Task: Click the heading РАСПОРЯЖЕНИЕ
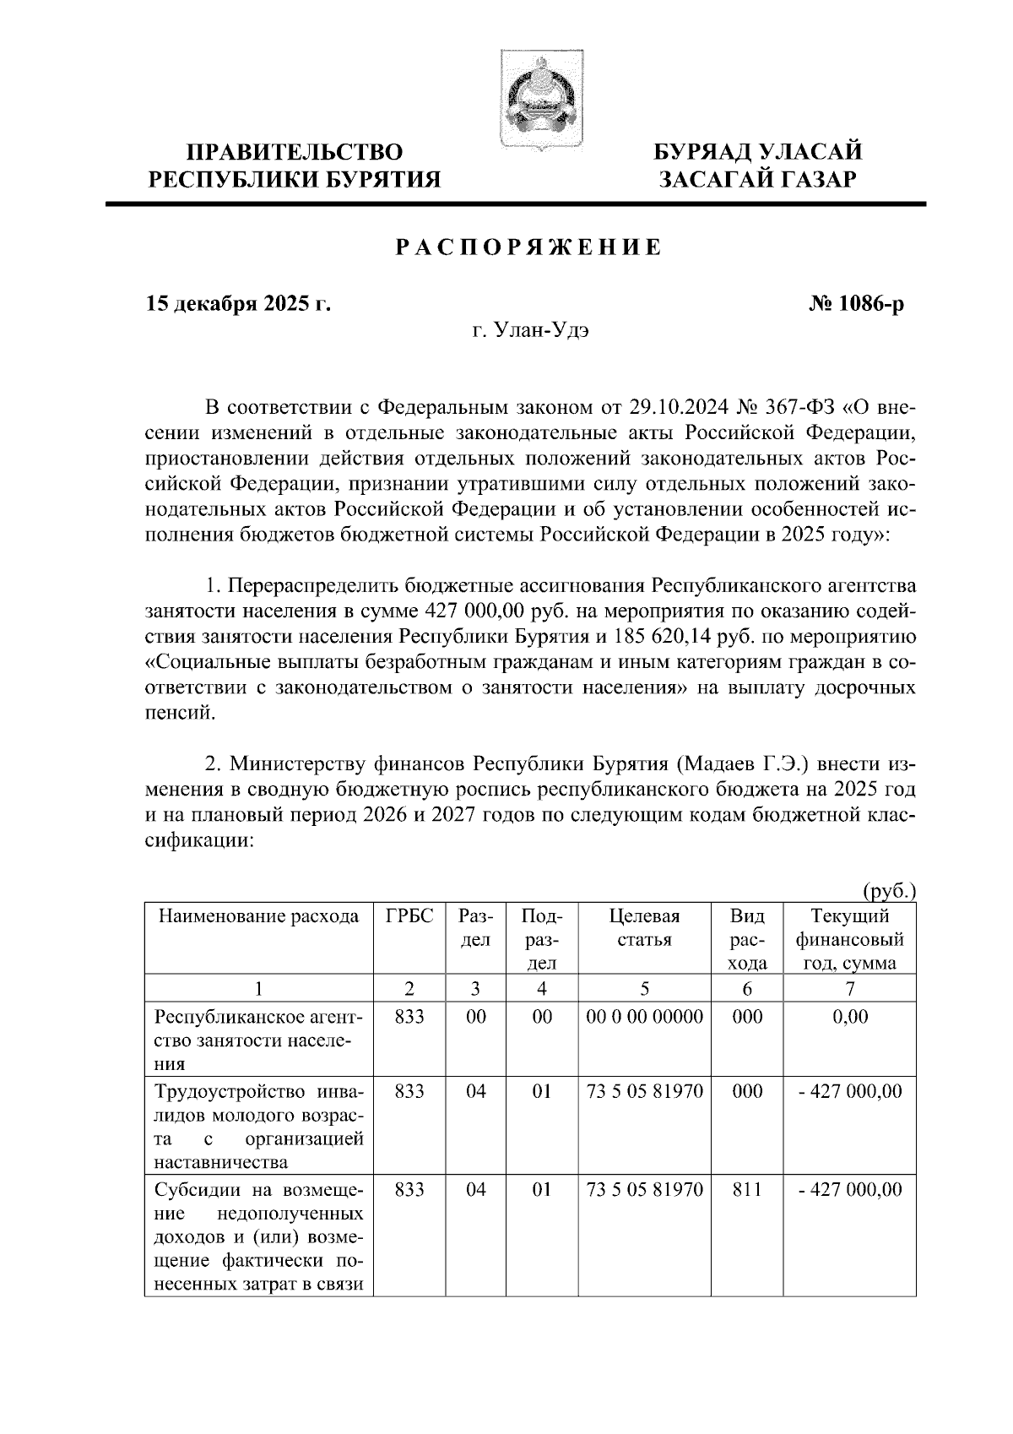(x=528, y=247)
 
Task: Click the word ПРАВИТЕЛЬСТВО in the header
(x=295, y=153)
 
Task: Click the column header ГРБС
(x=409, y=916)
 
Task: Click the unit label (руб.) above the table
(x=889, y=891)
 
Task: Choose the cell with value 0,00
(x=850, y=1017)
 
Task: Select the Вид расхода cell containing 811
(x=747, y=1190)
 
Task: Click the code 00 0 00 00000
(x=645, y=1017)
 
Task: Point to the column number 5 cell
(x=645, y=989)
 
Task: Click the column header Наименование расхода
(x=259, y=916)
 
